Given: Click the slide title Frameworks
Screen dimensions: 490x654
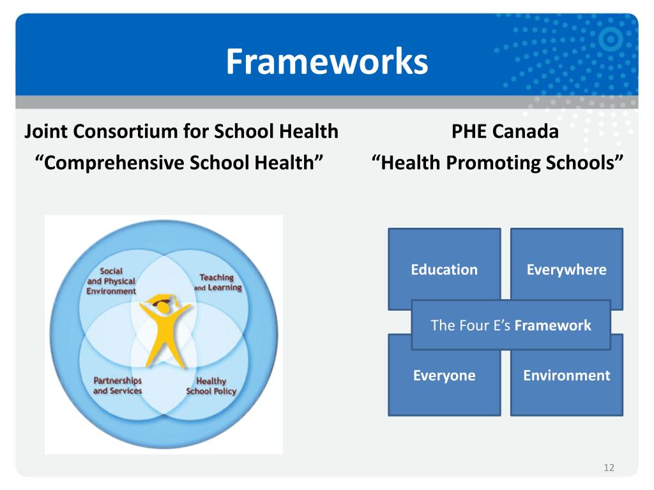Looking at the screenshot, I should (326, 63).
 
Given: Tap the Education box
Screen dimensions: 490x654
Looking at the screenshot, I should (444, 269).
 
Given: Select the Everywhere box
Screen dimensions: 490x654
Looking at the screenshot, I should (566, 269).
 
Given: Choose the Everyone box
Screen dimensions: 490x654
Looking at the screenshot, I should (444, 375).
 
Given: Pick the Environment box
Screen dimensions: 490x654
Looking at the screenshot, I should (566, 375).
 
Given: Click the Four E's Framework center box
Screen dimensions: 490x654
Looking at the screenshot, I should (510, 325).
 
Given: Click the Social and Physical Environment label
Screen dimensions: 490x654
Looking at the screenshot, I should (111, 281).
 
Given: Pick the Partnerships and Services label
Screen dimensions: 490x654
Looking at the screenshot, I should (118, 385).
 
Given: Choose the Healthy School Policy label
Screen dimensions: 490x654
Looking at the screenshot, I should (211, 387).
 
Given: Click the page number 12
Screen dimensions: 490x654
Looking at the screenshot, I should (608, 468).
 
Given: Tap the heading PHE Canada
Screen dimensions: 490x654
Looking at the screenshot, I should (505, 132).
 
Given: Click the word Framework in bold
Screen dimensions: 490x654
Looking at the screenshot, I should (552, 325).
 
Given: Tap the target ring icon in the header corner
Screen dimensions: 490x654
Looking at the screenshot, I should (614, 40).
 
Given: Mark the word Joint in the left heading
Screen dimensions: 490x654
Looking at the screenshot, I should (47, 132).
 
